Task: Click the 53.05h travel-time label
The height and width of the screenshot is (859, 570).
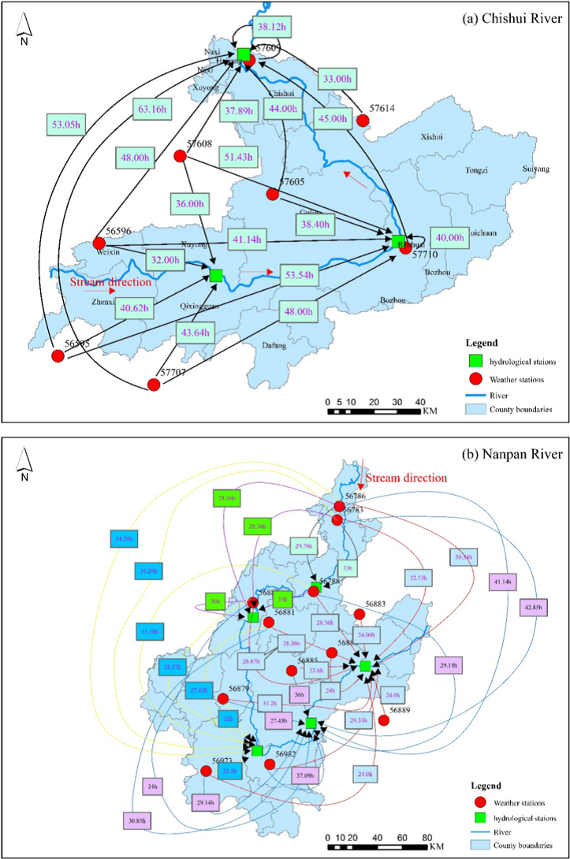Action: tap(65, 124)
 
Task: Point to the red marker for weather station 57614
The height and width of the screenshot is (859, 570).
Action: tap(363, 121)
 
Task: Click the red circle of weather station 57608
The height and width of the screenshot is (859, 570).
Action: tap(180, 156)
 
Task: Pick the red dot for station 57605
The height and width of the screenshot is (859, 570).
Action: tap(273, 194)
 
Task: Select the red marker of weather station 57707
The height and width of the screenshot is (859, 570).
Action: tap(154, 385)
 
